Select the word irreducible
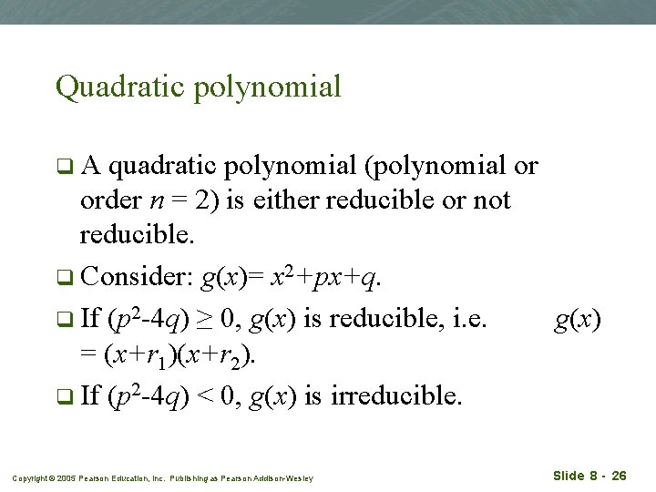pos(395,396)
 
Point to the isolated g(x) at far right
pos(578,319)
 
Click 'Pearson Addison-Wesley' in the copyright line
pos(273,478)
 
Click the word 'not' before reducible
pos(493,200)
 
